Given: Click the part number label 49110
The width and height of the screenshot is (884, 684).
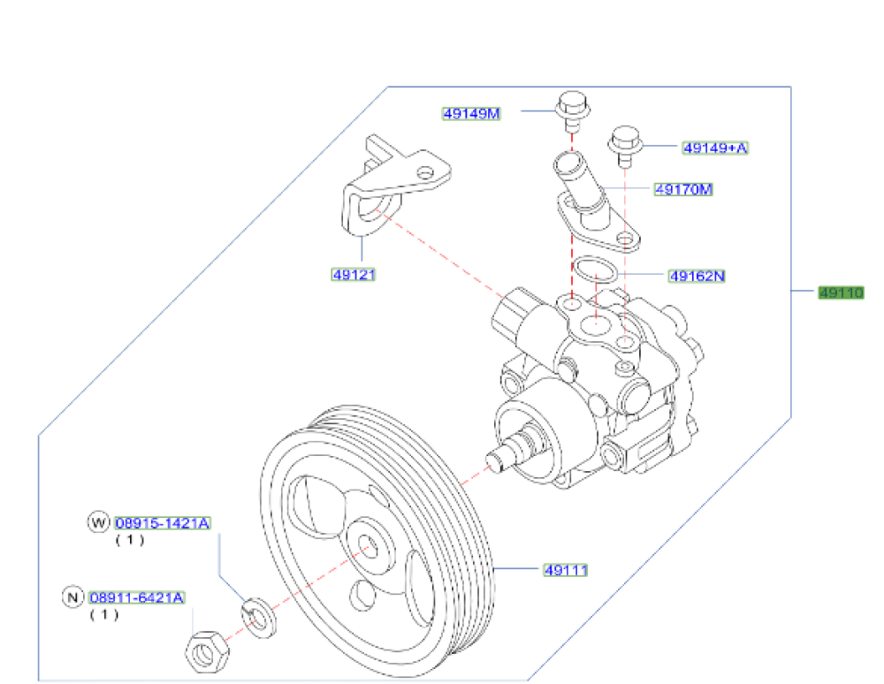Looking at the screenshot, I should point(839,293).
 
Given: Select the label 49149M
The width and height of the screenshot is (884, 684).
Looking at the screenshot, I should point(472,112).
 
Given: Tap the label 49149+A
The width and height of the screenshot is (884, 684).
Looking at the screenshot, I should point(714,148).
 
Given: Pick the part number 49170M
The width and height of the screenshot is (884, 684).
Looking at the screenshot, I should point(683,189).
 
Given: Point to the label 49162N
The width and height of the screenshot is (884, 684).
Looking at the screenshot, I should point(696,276).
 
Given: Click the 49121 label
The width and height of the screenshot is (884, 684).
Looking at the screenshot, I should point(354,275).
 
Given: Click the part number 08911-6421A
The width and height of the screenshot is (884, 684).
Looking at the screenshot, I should point(136,598).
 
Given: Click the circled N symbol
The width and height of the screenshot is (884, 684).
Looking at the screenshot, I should point(72,598).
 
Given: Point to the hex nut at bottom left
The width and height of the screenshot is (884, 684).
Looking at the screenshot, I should point(208,655).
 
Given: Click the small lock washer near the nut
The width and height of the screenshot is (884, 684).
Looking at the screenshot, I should point(257,616).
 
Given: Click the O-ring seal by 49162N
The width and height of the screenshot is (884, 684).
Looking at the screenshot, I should point(596,270).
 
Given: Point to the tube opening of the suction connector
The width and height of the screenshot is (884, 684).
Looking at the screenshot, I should point(568,163).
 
